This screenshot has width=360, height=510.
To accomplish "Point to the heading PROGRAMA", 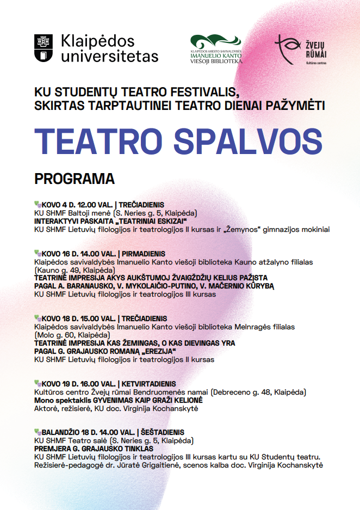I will click(75, 179).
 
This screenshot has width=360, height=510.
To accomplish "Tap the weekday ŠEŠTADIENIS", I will click(163, 433).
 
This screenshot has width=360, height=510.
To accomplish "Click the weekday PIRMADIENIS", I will click(144, 254).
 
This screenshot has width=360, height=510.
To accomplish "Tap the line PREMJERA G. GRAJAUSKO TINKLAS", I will click(94, 449).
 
